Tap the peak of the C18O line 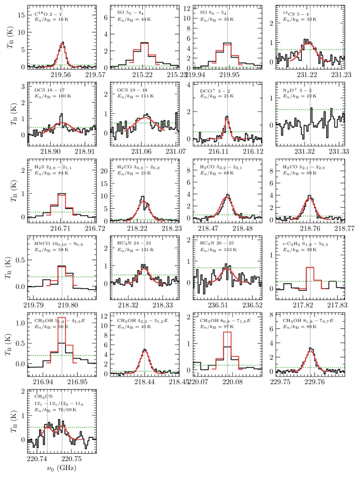point(62,42)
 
